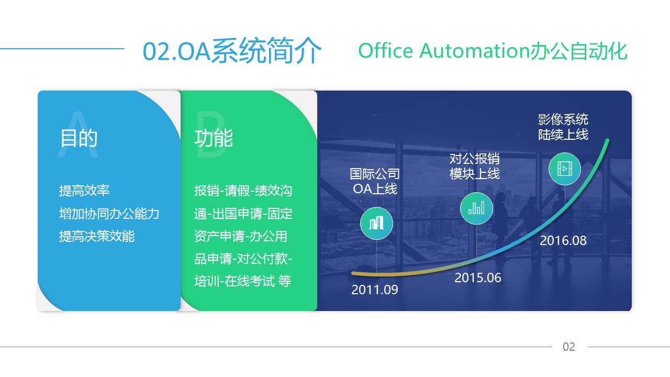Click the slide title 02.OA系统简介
coord(232,51)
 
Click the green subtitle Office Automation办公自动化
coord(493,51)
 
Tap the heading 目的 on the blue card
coord(79,138)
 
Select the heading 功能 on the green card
coord(214,138)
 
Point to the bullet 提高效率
coord(84,191)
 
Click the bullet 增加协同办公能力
coord(109,214)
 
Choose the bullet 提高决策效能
coord(97,236)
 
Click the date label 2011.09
coord(375,290)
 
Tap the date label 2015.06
coord(478,278)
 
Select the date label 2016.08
coord(563,240)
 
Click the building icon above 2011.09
coord(376,223)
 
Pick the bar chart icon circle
coord(476,208)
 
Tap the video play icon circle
coord(565,169)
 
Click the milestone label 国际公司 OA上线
coord(375,181)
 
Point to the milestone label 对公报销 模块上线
coord(475,166)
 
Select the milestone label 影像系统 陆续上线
coord(563,127)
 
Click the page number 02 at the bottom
coord(569,347)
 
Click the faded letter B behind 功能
coord(210,134)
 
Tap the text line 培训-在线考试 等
coord(242,281)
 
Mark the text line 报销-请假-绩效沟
coord(243,191)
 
